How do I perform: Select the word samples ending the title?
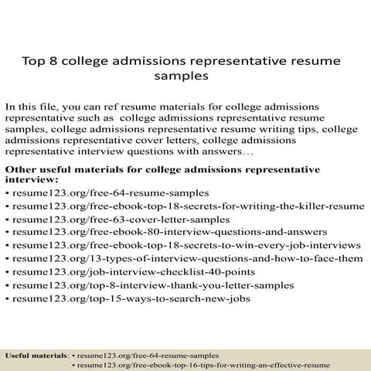[185, 77]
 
